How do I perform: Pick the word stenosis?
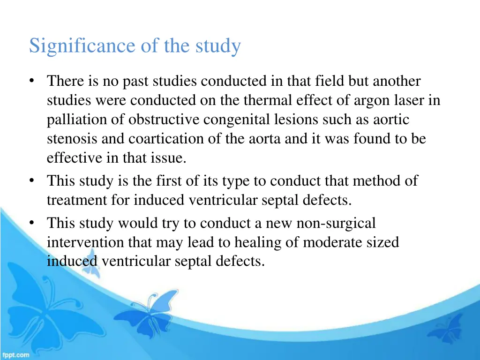69,139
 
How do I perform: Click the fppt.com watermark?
15,355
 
